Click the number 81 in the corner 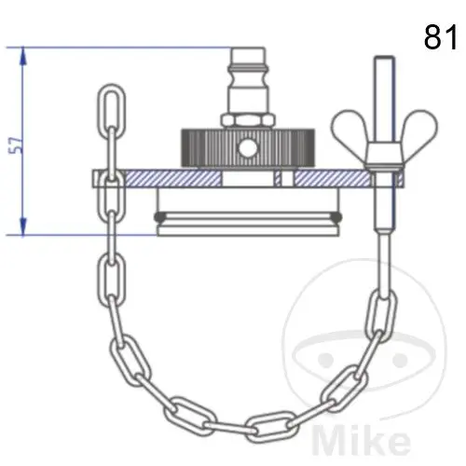click(441, 37)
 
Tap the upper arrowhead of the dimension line click(22, 56)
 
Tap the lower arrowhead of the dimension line click(22, 226)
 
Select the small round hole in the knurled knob click(248, 148)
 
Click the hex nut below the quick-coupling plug click(248, 120)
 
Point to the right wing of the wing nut click(419, 128)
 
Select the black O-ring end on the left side click(159, 216)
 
